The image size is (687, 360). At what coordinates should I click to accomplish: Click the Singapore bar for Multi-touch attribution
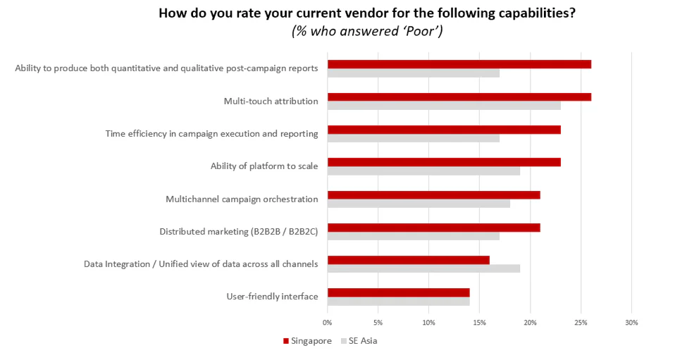459,97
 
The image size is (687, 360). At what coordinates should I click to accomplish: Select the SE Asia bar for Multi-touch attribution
444,106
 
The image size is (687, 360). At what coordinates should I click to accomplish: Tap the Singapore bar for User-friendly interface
398,292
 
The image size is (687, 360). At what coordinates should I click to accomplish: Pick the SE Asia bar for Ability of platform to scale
423,170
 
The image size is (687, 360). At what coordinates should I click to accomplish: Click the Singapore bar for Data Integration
408,260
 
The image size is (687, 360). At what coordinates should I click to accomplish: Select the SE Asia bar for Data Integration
423,268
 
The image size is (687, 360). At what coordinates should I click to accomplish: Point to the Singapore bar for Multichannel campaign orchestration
433,195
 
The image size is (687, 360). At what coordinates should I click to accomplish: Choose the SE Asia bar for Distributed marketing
413,236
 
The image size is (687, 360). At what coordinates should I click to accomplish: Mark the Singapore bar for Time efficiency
444,130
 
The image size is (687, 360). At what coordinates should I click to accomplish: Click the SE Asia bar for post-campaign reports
413,73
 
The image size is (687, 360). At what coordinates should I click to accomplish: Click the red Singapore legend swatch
286,341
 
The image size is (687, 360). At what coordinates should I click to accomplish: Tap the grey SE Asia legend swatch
344,341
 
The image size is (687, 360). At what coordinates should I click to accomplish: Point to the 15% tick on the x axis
479,323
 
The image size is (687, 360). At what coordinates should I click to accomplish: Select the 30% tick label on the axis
631,323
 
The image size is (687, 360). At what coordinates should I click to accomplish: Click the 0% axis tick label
328,323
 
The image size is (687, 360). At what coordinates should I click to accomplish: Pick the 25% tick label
581,323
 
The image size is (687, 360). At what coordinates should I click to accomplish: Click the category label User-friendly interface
272,297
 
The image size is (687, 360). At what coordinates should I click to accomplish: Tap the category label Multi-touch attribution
271,101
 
